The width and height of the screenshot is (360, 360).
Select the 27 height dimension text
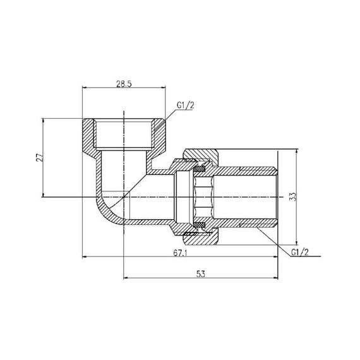coord(39,157)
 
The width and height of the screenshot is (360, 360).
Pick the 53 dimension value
coord(200,274)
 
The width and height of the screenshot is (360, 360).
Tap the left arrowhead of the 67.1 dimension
coord(86,256)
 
